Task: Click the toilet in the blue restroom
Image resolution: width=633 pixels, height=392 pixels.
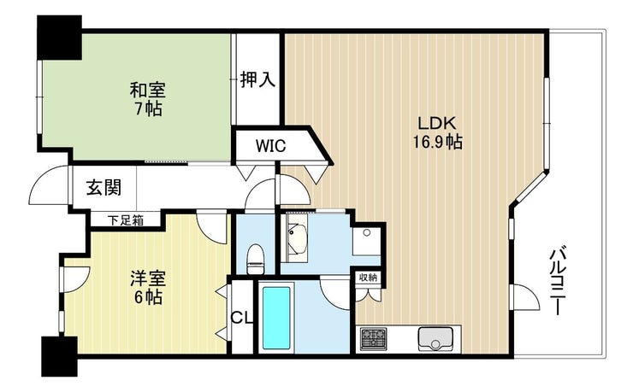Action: tap(256, 259)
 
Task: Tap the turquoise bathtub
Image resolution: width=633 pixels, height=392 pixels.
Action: tap(276, 318)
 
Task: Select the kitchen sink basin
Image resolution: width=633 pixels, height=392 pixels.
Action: tap(435, 340)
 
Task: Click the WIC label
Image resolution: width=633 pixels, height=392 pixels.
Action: tap(270, 145)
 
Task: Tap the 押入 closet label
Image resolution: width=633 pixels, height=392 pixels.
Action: tap(257, 79)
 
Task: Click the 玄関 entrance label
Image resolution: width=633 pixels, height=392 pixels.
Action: tap(104, 187)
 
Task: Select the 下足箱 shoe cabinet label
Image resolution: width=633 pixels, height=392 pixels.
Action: tap(126, 220)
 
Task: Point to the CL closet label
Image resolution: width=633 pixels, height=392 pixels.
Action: tap(241, 318)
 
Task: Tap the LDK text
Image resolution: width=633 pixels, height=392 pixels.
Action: tap(436, 123)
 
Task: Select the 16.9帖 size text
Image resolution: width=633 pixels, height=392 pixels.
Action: tap(437, 143)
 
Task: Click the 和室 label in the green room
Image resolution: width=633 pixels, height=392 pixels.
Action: tap(148, 90)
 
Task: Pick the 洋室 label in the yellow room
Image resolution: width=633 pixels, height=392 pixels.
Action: tap(148, 278)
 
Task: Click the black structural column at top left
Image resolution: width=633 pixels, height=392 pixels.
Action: tap(59, 38)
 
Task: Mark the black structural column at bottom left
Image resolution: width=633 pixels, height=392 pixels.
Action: tap(59, 356)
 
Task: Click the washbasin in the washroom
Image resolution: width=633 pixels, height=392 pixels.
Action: tap(297, 237)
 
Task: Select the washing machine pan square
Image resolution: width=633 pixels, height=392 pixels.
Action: tap(366, 241)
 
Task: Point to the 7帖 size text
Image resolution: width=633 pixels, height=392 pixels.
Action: tap(148, 108)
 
